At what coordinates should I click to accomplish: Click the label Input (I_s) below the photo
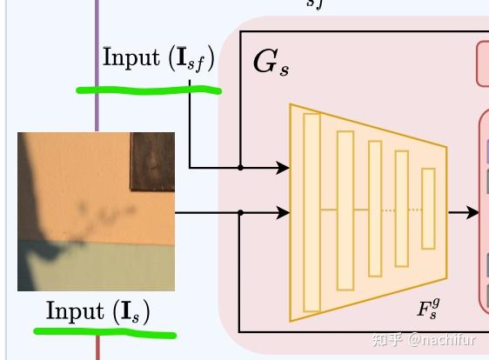point(97,311)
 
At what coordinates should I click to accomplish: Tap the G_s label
point(271,63)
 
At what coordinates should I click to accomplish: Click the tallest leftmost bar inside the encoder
point(311,211)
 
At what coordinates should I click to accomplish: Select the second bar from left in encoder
point(345,210)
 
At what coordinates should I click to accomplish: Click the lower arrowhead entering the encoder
point(283,211)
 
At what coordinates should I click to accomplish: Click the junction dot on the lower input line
point(240,211)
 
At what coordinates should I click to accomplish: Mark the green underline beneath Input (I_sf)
point(148,88)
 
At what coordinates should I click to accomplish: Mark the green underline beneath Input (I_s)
point(104,331)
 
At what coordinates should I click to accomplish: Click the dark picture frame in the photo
point(153,162)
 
